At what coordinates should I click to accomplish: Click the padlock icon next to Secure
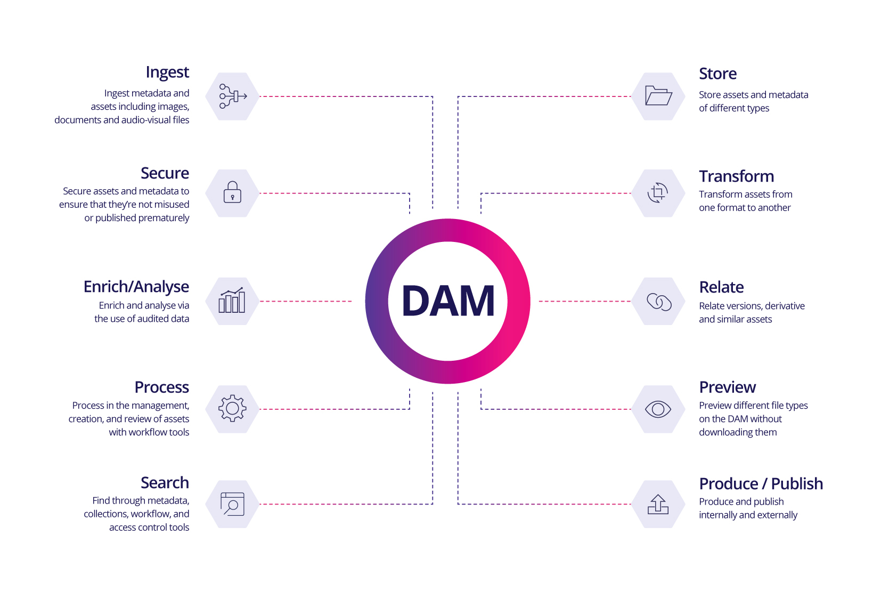(x=232, y=192)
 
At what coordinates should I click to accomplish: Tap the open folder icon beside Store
(x=658, y=96)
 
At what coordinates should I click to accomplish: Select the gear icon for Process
(x=232, y=408)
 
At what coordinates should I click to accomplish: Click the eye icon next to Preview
(x=658, y=409)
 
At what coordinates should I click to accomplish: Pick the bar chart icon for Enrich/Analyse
(x=232, y=300)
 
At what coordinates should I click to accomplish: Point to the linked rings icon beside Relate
(x=659, y=302)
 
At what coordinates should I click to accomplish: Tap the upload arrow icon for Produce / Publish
(x=658, y=504)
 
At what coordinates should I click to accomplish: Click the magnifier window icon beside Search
(x=232, y=504)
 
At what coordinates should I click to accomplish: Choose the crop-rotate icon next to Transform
(x=658, y=192)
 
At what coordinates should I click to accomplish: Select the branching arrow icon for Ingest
(x=233, y=96)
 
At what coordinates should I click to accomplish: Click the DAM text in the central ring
(x=448, y=301)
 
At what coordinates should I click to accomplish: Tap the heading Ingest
(x=167, y=72)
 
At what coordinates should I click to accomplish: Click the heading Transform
(x=736, y=176)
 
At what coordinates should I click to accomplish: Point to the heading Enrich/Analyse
(x=136, y=287)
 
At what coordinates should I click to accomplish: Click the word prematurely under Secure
(x=164, y=218)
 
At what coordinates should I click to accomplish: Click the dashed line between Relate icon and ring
(x=585, y=302)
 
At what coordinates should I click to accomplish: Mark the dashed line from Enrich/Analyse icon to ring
(x=306, y=302)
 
